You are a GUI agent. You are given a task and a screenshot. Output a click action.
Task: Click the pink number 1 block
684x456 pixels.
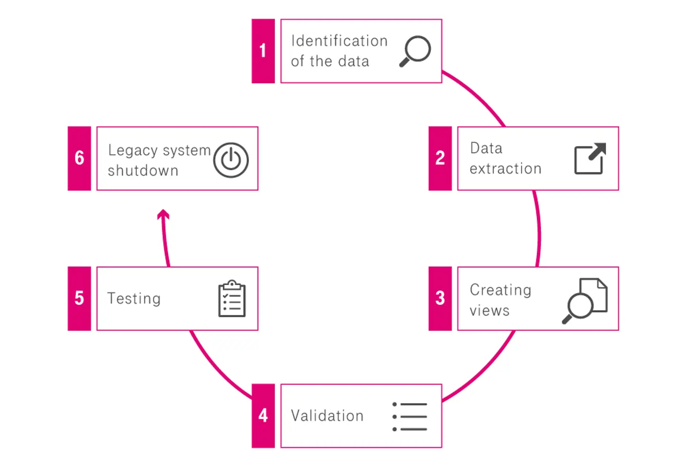(263, 51)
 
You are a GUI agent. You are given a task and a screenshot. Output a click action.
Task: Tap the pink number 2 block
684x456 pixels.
(440, 159)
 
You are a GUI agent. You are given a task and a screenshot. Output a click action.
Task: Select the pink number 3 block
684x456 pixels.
(440, 299)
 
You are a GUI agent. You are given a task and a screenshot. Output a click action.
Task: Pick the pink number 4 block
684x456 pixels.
(263, 416)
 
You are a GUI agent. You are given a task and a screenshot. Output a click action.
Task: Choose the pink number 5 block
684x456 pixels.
(79, 299)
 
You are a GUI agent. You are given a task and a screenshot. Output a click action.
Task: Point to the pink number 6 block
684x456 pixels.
(79, 159)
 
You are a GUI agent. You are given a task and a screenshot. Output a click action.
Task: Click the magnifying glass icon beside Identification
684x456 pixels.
(415, 51)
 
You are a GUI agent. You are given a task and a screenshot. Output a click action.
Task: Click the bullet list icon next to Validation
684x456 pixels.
(410, 417)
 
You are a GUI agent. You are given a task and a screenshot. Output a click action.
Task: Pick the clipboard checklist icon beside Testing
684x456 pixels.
(232, 299)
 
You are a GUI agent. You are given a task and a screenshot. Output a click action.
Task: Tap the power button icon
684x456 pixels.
(231, 160)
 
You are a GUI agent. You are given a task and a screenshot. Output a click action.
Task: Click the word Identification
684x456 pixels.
(339, 41)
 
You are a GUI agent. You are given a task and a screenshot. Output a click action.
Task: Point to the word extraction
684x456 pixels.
(505, 169)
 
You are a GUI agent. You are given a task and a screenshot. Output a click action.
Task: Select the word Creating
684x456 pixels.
(500, 290)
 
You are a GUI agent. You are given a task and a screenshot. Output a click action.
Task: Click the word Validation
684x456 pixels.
(327, 416)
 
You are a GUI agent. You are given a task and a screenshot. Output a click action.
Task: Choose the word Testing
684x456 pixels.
(134, 299)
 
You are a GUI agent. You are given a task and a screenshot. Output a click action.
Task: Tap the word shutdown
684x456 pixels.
(143, 171)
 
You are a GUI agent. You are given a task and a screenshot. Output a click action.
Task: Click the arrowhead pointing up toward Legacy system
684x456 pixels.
(163, 214)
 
